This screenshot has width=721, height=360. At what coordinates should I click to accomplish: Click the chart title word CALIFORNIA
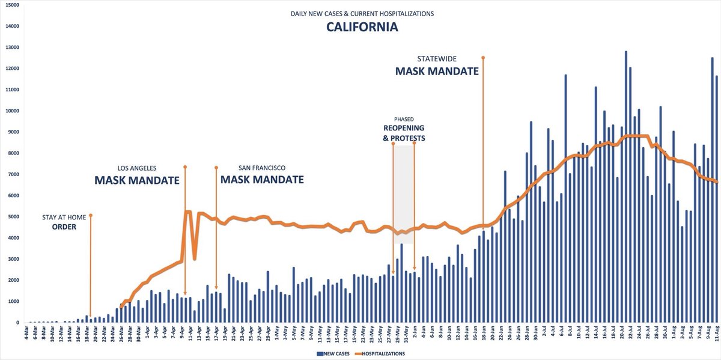pyautogui.click(x=362, y=27)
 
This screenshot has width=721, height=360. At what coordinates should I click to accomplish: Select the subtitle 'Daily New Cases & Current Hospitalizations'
pyautogui.click(x=362, y=13)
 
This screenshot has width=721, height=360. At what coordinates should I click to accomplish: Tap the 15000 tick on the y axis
pyautogui.click(x=12, y=5)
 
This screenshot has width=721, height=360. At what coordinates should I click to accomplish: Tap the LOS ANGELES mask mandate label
pyautogui.click(x=137, y=174)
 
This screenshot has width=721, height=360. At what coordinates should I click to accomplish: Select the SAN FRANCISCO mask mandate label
pyautogui.click(x=261, y=174)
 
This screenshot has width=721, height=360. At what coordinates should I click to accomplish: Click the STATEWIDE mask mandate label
pyautogui.click(x=436, y=66)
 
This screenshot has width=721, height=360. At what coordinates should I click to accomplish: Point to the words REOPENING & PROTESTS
pyautogui.click(x=404, y=133)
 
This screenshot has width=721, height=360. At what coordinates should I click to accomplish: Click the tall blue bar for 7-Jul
pyautogui.click(x=565, y=198)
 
